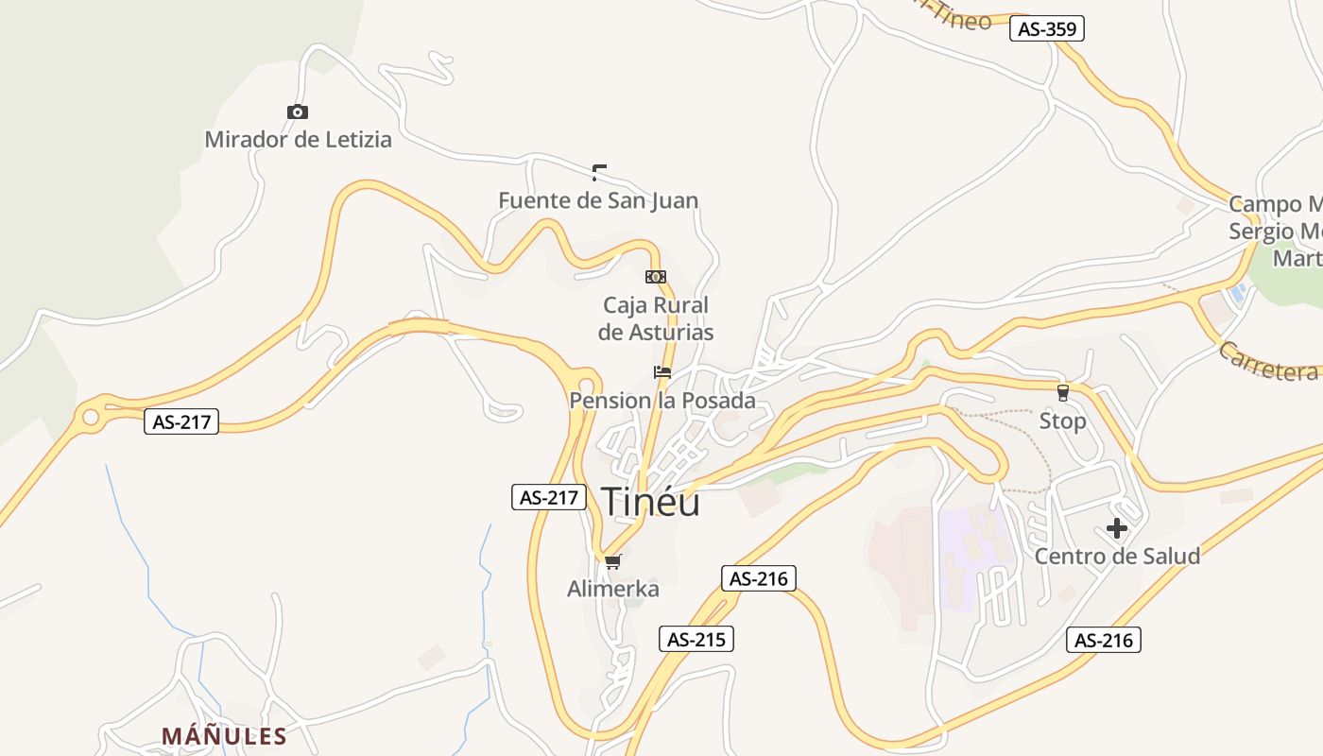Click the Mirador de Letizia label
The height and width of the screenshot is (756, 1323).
coord(298,140)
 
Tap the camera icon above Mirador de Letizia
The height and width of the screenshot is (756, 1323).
coord(298,112)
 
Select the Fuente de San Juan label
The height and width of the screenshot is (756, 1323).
coord(598,200)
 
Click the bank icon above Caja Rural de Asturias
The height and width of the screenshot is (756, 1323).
coord(655,277)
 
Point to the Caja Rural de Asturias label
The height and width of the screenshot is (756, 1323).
coord(656,318)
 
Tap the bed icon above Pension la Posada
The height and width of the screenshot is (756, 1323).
coord(661,372)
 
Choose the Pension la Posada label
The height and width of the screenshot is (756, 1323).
coord(661,401)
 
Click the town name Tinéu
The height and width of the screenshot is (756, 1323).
coord(650,502)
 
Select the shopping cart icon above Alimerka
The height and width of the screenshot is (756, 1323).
coord(612,562)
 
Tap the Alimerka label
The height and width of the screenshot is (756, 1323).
coord(612,590)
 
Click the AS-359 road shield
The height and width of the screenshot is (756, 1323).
coord(1046,29)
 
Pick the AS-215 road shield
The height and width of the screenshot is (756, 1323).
coord(696,640)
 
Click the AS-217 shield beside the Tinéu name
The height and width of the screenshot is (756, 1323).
coord(549,497)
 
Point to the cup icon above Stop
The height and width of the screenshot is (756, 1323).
coord(1062,392)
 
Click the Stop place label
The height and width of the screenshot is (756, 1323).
coord(1062,421)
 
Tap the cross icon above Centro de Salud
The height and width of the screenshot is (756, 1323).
coord(1117,528)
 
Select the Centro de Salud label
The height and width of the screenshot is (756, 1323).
coord(1117,556)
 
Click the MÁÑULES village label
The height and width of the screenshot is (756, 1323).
coord(224,736)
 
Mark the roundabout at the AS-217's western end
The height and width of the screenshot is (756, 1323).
coord(91,416)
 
